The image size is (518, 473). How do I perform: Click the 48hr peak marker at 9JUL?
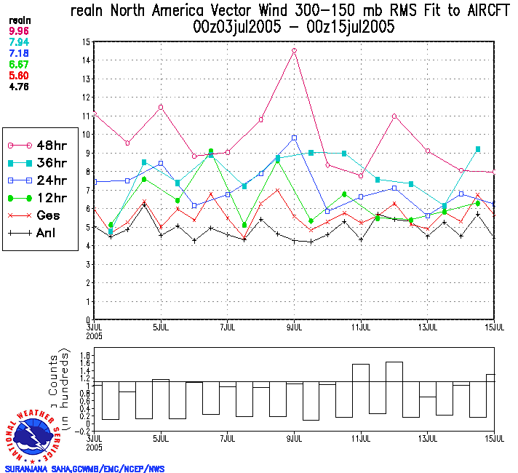(x=294, y=51)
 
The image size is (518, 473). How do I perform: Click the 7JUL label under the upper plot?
(x=227, y=327)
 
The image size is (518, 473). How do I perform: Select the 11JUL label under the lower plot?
(x=361, y=439)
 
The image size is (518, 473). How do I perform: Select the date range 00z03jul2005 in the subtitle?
(x=232, y=28)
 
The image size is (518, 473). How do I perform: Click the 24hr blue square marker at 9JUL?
(x=295, y=138)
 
